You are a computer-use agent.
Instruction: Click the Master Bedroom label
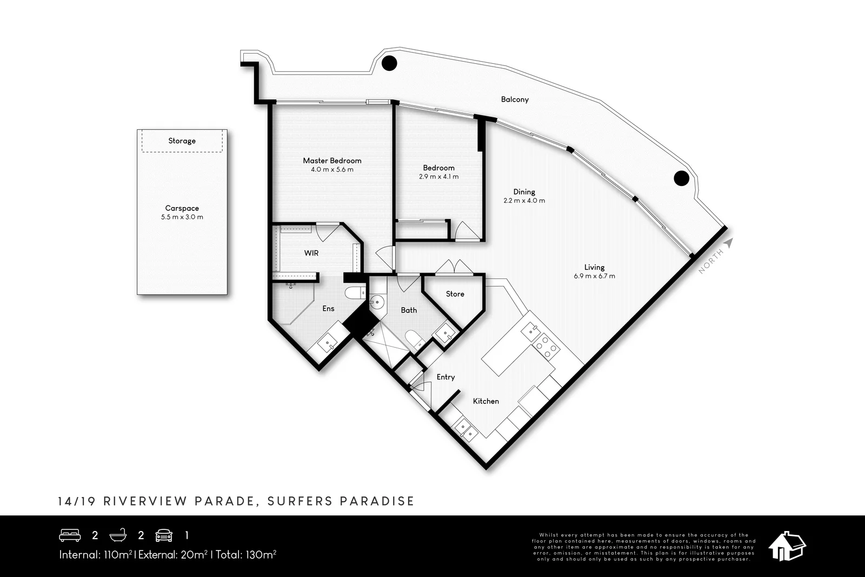click(x=332, y=161)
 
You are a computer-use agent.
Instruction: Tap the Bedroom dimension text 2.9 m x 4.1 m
click(x=438, y=177)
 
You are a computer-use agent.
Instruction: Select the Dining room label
click(x=524, y=192)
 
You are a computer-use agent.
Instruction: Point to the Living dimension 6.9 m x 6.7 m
click(x=594, y=276)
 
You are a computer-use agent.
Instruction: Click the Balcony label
click(x=515, y=100)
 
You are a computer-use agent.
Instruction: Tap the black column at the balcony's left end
click(x=389, y=63)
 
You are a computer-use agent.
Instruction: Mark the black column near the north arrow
click(x=681, y=177)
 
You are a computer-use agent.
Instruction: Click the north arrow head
click(x=729, y=243)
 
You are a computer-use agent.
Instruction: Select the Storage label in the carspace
click(x=182, y=141)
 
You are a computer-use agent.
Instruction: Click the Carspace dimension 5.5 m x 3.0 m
click(x=182, y=217)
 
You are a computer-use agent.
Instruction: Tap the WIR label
click(x=311, y=253)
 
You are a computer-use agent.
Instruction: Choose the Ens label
click(x=328, y=309)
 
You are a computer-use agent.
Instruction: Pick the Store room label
click(x=455, y=294)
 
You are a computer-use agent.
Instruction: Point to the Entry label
click(x=445, y=377)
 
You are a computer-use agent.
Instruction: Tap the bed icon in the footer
click(x=70, y=535)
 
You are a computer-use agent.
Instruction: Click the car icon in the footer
click(x=164, y=535)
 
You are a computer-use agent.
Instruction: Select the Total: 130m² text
click(x=246, y=554)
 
